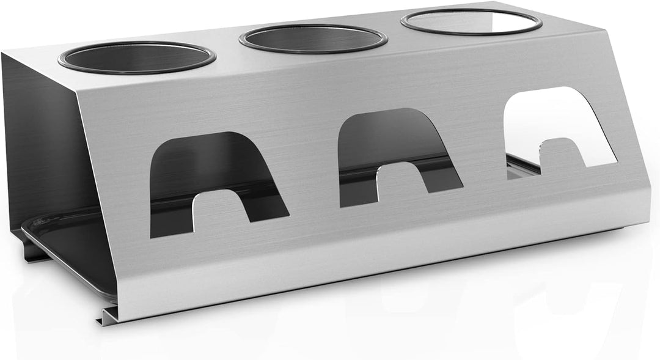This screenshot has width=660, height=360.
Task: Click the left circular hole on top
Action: point(137,57)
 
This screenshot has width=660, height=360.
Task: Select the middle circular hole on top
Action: point(313,39)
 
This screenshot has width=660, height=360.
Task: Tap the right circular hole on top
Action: point(471,22)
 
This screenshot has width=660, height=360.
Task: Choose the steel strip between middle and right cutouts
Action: point(483,153)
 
